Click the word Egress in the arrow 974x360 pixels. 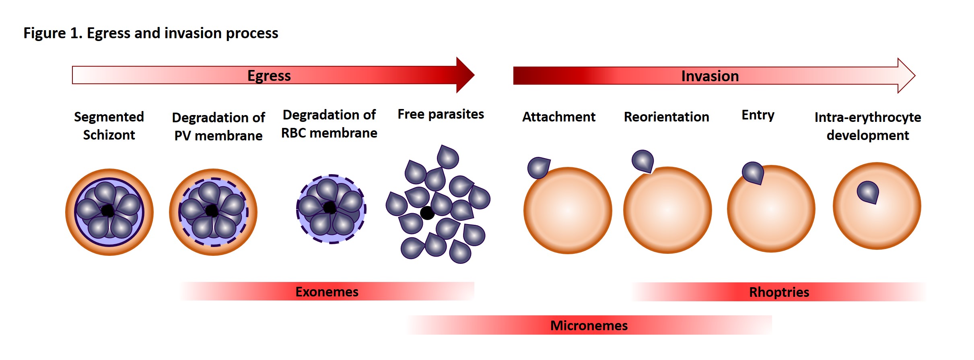pyautogui.click(x=269, y=76)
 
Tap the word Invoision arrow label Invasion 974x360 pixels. pyautogui.click(x=710, y=76)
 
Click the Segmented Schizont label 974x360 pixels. pyautogui.click(x=109, y=125)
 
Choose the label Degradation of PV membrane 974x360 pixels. pyautogui.click(x=218, y=126)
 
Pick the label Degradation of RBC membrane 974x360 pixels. pyautogui.click(x=329, y=124)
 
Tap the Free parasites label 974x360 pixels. pyautogui.click(x=441, y=114)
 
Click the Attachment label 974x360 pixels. pyautogui.click(x=558, y=117)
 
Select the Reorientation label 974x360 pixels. pyautogui.click(x=666, y=117)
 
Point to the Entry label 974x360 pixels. pyautogui.click(x=758, y=115)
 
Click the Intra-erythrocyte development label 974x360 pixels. pyautogui.click(x=868, y=126)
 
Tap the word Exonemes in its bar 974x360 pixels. pyautogui.click(x=327, y=292)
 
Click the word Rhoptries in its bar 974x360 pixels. pyautogui.click(x=779, y=292)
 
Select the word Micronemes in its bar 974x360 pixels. pyautogui.click(x=589, y=325)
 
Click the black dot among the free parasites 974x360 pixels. pyautogui.click(x=427, y=213)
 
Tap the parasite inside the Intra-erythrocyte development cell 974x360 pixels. pyautogui.click(x=868, y=192)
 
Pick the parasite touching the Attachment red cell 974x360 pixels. pyautogui.click(x=538, y=167)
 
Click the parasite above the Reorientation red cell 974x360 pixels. pyautogui.click(x=642, y=161)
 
